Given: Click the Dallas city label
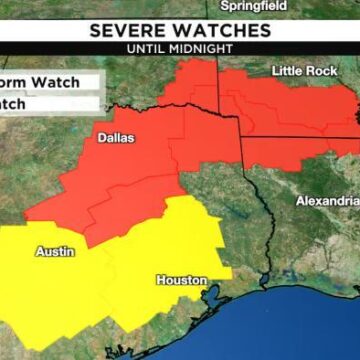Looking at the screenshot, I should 116,138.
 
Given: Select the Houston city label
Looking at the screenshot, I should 181,280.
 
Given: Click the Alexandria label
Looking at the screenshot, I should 327,201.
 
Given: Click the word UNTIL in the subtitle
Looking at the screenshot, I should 147,47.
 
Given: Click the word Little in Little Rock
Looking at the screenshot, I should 287,71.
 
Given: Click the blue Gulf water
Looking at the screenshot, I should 290,320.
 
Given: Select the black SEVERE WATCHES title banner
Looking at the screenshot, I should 180,30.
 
